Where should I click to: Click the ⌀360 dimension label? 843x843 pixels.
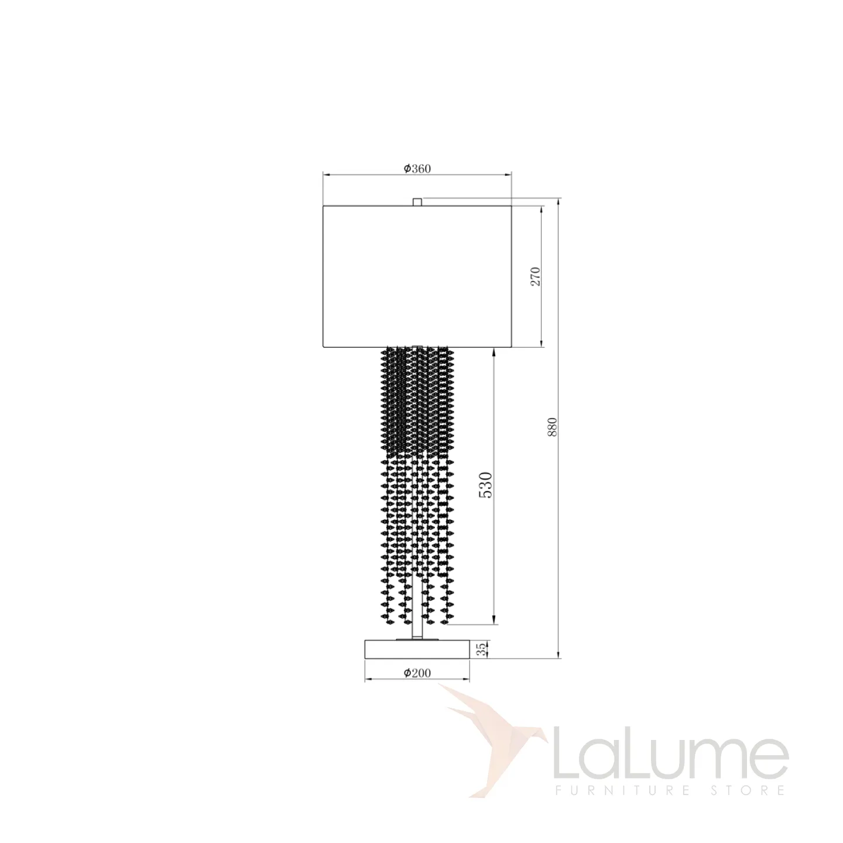417,169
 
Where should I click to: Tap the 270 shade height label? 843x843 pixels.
536,276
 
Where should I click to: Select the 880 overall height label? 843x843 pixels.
553,427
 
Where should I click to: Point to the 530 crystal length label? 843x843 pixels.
486,485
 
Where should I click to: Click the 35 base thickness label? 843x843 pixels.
481,662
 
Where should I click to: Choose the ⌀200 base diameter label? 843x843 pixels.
417,673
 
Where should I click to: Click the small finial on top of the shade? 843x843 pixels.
417,201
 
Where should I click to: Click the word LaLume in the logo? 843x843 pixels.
671,751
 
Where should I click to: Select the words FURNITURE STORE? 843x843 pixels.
670,790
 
